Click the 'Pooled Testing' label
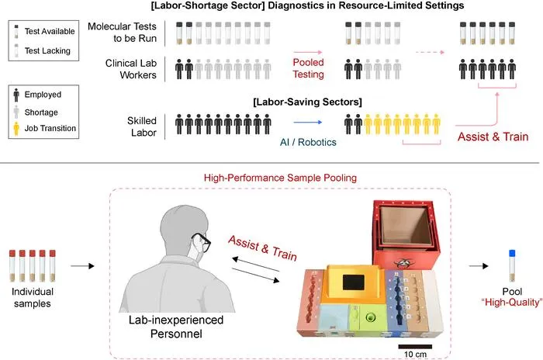(x=308, y=68)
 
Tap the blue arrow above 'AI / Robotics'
(x=307, y=122)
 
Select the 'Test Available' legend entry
(x=43, y=31)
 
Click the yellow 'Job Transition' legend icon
(x=16, y=129)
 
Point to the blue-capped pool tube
(x=512, y=265)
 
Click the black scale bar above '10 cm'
(x=415, y=347)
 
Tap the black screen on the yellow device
(x=353, y=282)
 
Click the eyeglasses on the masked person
(x=201, y=242)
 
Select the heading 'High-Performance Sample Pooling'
(x=280, y=178)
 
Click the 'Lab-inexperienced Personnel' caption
(x=176, y=327)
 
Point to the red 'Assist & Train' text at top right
(x=493, y=137)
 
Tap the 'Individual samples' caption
(x=33, y=297)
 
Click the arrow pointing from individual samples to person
(x=82, y=266)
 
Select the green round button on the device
(x=371, y=317)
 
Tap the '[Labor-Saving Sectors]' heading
(x=307, y=102)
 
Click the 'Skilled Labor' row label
(x=142, y=126)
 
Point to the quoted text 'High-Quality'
(x=512, y=303)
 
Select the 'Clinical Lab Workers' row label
(x=131, y=69)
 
